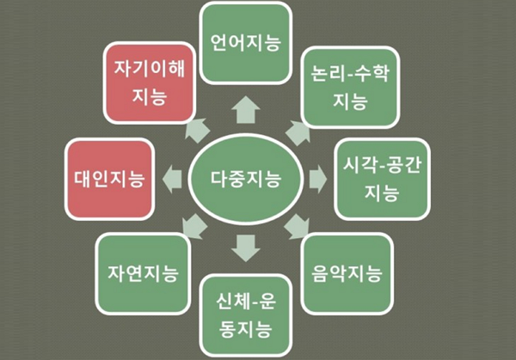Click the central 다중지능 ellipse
(245, 179)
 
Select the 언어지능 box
(245, 43)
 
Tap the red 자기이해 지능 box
(150, 82)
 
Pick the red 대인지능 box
(109, 179)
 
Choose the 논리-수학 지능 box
(350, 88)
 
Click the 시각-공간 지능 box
(382, 179)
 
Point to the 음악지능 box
(347, 273)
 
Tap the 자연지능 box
(143, 273)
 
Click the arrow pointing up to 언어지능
(246, 110)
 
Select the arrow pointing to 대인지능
(172, 180)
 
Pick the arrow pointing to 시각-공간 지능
(318, 180)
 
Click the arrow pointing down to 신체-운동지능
(246, 248)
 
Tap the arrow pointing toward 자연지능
(195, 227)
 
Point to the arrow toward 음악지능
(297, 227)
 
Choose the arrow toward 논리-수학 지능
(298, 133)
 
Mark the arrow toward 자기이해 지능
(197, 131)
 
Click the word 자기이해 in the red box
(150, 69)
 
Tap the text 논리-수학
(350, 73)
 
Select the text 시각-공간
(382, 165)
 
